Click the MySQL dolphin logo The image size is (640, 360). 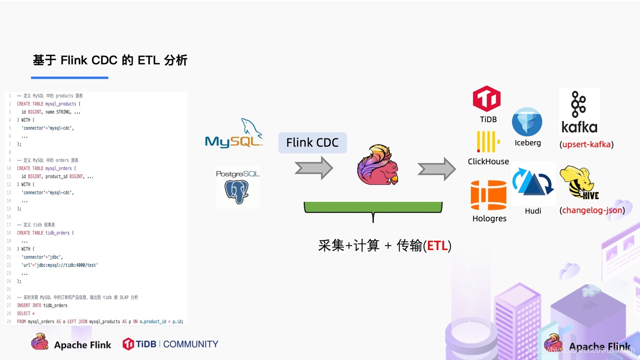click(x=234, y=134)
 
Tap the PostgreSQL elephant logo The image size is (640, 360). click(x=238, y=188)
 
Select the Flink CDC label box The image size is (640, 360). click(x=312, y=143)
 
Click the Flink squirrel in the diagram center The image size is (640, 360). click(x=377, y=165)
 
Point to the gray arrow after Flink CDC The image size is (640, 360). click(x=314, y=168)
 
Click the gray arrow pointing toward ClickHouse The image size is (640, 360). click(x=436, y=169)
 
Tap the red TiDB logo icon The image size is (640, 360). click(x=487, y=99)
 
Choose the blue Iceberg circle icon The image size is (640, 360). click(x=527, y=122)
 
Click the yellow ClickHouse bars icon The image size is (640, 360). click(x=488, y=142)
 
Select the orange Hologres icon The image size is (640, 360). click(x=488, y=195)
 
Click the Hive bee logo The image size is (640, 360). click(x=579, y=183)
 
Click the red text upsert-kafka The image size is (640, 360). click(x=586, y=145)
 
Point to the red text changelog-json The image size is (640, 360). click(x=592, y=210)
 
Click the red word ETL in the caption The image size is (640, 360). click(x=437, y=246)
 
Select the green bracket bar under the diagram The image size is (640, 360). click(x=373, y=207)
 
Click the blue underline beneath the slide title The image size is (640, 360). click(x=70, y=78)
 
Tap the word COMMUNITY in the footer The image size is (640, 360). click(x=191, y=344)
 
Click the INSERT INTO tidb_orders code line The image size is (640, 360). click(x=42, y=306)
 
